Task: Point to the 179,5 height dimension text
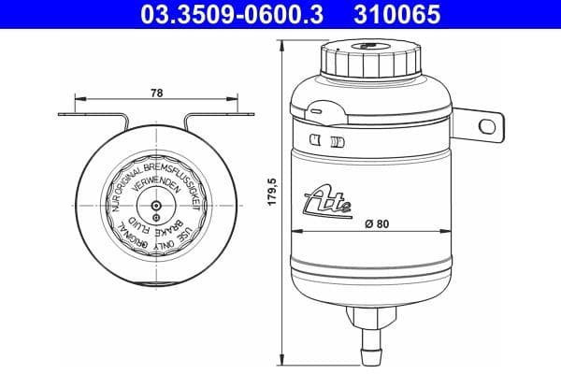tap(272, 198)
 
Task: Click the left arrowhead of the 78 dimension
tap(77, 96)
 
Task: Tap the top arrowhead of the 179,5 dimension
tap(281, 40)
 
